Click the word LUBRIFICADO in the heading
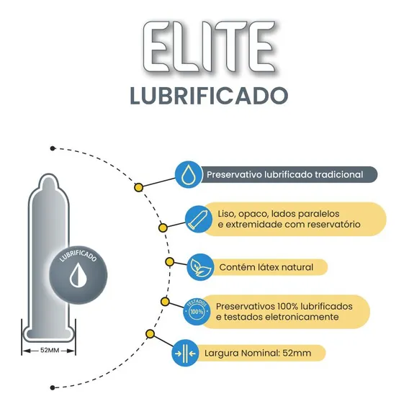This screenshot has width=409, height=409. [209, 96]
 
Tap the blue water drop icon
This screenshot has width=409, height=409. [189, 174]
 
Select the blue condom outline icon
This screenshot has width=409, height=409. [199, 219]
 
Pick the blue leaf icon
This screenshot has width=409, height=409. [200, 267]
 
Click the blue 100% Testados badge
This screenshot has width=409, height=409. [197, 311]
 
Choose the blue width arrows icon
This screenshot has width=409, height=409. [185, 353]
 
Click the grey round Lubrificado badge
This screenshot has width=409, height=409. [78, 275]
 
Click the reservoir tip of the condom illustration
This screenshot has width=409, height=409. [48, 181]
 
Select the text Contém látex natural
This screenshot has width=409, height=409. [266, 267]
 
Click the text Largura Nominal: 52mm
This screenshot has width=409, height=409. [258, 353]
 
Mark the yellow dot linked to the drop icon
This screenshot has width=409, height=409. [138, 187]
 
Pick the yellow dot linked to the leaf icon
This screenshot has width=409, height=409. [169, 261]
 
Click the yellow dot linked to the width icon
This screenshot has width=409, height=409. [150, 334]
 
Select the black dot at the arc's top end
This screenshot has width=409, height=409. [53, 148]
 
